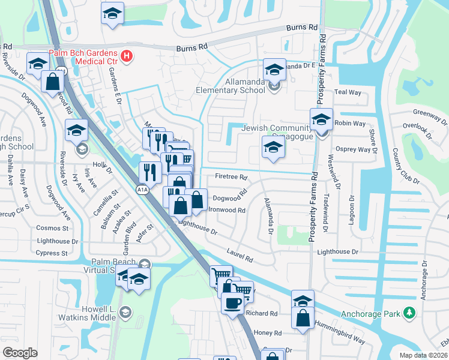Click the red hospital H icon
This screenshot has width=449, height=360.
pos(127,56)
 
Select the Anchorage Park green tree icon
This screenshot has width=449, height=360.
pos(409,313)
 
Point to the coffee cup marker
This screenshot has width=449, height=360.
pos(232,303)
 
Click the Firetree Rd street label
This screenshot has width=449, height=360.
pos(231,177)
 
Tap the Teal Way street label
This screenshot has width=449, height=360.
pos(348,92)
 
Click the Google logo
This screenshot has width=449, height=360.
pos(20,352)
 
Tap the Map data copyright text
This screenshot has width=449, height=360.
pos(423,355)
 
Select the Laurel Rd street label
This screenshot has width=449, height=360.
pos(240,256)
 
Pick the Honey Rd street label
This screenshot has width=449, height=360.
pos(268,333)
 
